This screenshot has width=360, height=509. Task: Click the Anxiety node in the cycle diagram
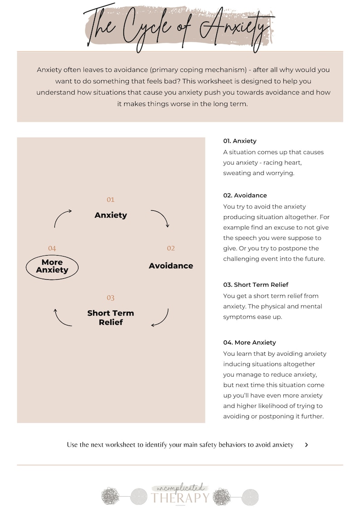coord(111,215)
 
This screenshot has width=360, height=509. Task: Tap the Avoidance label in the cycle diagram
coord(171,266)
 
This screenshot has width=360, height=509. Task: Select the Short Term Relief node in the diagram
coord(111,318)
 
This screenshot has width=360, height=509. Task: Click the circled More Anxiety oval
coord(52,267)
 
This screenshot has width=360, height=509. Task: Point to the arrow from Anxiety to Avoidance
coord(161,218)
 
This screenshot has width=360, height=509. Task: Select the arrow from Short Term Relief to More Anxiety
coord(62,318)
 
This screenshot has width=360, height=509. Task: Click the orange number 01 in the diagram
coord(111,200)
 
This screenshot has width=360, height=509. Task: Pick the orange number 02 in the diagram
coord(171,248)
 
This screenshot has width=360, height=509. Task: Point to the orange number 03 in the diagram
coord(111,298)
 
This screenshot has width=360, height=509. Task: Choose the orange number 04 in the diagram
coord(52,248)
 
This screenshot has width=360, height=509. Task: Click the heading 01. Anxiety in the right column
coord(240,141)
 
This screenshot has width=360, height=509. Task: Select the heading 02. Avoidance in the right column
coord(245,195)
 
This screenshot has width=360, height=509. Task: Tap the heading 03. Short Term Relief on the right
coord(256,285)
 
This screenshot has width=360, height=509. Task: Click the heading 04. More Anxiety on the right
coord(249,343)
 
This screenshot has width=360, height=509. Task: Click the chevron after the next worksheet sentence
coord(306,445)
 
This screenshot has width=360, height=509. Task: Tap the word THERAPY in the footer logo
coord(180,498)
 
